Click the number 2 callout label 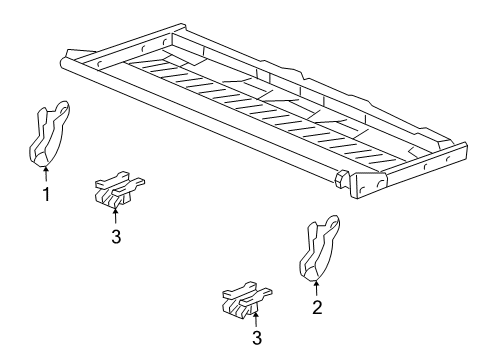pyautogui.click(x=317, y=308)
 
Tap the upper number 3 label pyautogui.click(x=116, y=235)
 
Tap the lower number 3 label pyautogui.click(x=256, y=339)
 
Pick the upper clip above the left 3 pyautogui.click(x=116, y=187)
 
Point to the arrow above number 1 pyautogui.click(x=46, y=172)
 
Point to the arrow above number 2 pyautogui.click(x=317, y=286)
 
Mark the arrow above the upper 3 pyautogui.click(x=116, y=212)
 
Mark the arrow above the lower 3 pyautogui.click(x=256, y=318)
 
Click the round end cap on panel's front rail pyautogui.click(x=341, y=180)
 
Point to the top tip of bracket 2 pyautogui.click(x=334, y=218)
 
